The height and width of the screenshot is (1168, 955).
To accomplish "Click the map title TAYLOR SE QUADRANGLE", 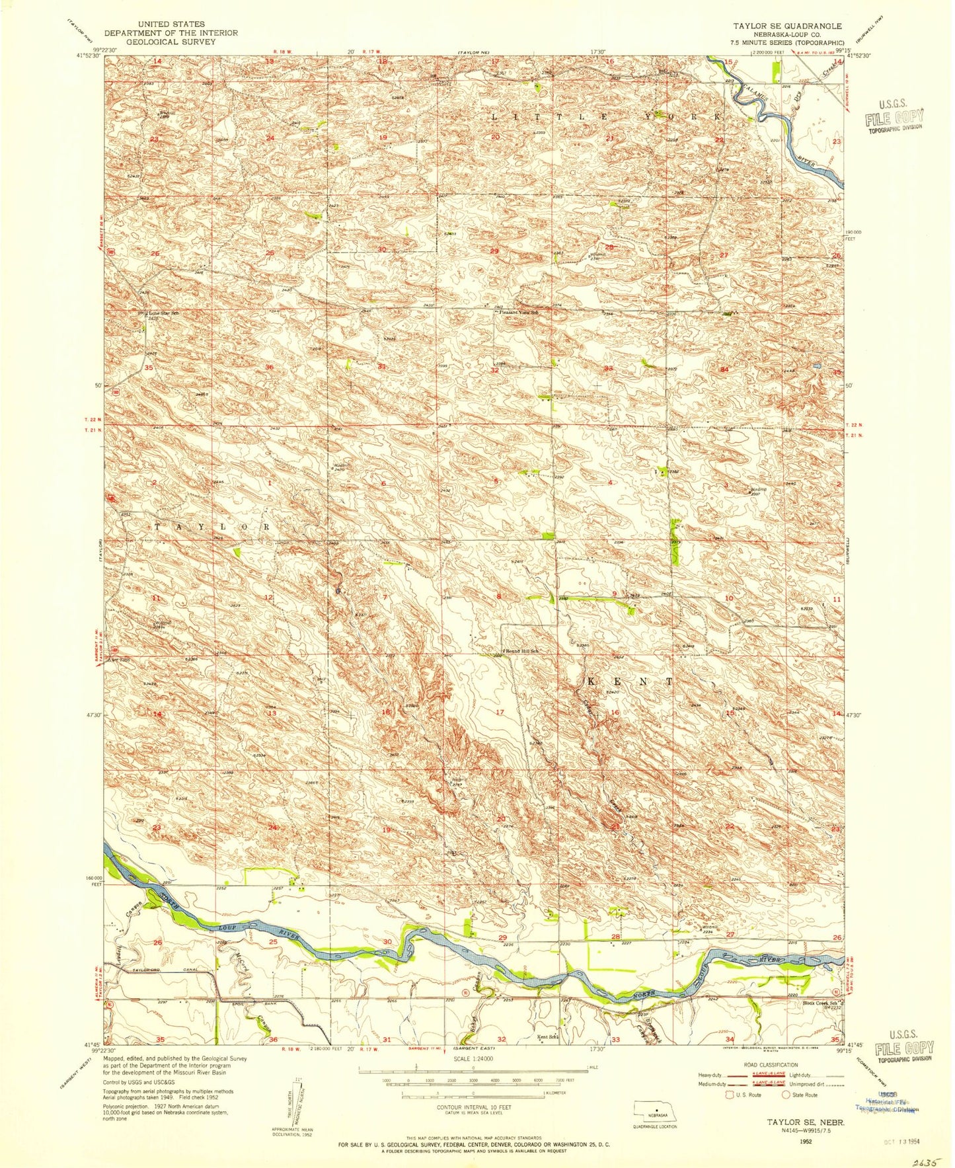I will (786, 26).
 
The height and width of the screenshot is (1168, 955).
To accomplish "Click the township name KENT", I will (629, 681).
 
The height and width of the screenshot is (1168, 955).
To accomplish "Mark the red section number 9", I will (615, 594).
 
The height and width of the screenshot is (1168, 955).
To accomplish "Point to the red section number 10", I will (728, 598).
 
